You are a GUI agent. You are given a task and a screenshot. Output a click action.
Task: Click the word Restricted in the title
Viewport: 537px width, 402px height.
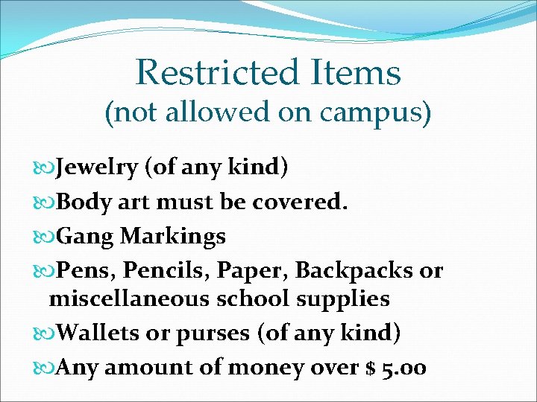tap(217, 72)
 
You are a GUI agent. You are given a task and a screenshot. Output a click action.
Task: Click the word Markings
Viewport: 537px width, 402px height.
tap(173, 237)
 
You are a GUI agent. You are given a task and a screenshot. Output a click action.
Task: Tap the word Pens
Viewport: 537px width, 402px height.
tap(82, 270)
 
